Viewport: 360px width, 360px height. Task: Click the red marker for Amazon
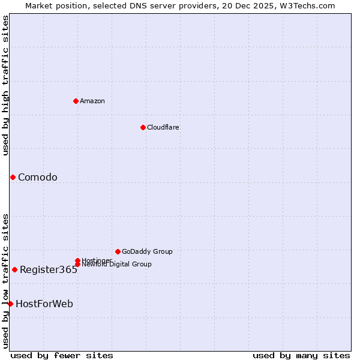click(x=76, y=101)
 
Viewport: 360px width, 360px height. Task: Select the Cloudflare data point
click(x=143, y=127)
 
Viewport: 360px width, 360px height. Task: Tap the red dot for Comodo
click(x=13, y=177)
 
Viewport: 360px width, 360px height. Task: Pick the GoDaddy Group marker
click(x=118, y=251)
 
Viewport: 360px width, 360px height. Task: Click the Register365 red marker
click(x=14, y=269)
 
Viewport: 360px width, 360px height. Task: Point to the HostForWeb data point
click(x=10, y=304)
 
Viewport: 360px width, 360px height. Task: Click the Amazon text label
click(x=92, y=101)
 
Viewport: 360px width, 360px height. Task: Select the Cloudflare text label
click(x=163, y=127)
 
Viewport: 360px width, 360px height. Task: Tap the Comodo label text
click(x=38, y=177)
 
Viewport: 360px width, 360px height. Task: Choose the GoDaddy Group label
click(x=147, y=251)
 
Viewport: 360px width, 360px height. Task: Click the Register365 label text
click(x=49, y=269)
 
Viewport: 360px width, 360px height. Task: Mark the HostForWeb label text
click(x=44, y=304)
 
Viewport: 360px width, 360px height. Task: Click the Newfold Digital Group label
click(x=116, y=265)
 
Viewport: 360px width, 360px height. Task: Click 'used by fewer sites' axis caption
click(x=62, y=355)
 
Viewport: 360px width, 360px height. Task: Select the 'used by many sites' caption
click(x=301, y=355)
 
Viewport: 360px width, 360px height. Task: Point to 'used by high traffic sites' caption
click(x=5, y=85)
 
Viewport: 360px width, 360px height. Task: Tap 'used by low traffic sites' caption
click(x=5, y=280)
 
